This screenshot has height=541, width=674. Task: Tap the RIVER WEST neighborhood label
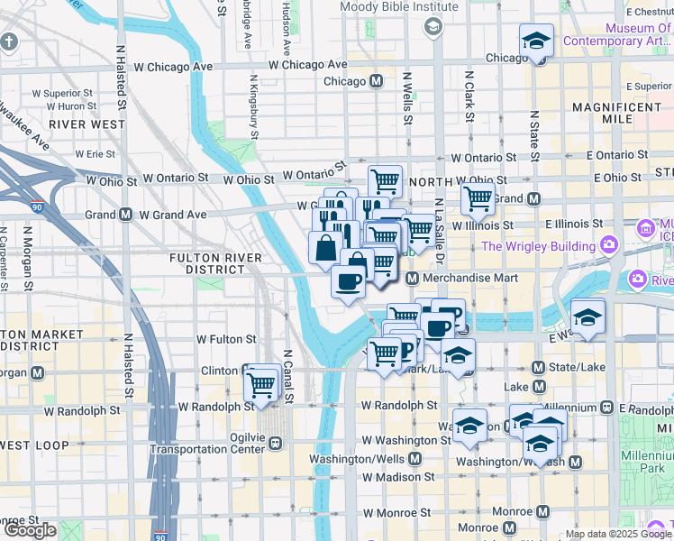(x=87, y=124)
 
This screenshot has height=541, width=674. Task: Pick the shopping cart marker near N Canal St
(x=261, y=383)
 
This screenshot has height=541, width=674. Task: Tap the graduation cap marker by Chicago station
(x=537, y=41)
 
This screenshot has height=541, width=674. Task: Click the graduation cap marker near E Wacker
(x=587, y=316)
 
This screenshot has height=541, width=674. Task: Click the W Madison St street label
(x=399, y=476)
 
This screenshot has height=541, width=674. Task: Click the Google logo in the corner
(x=31, y=530)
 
